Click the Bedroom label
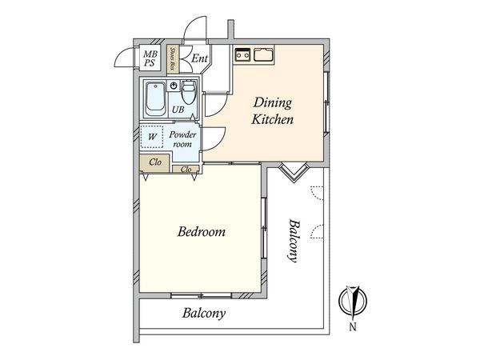(202, 232)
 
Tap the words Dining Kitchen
(273, 111)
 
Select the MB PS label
(150, 58)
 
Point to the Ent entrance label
(199, 58)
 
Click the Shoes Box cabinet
(173, 59)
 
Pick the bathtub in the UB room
(155, 98)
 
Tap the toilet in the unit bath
(189, 93)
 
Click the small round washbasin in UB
(174, 86)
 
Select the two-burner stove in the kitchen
(242, 55)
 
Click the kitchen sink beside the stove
(263, 55)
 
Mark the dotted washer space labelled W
(152, 137)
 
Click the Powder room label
(182, 139)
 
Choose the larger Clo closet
(154, 163)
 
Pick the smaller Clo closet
(186, 169)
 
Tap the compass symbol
(353, 302)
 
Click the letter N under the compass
(353, 327)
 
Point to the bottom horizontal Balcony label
(204, 313)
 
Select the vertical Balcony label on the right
(293, 240)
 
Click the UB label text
(178, 110)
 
